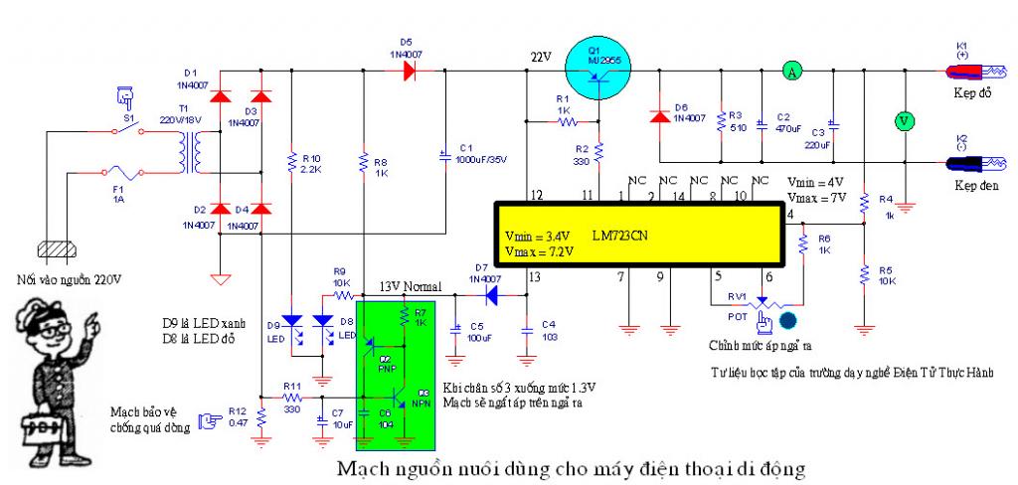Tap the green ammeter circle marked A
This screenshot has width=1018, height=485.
coord(791,71)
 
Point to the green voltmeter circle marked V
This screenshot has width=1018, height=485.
coord(904,120)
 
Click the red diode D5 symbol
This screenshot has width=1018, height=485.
coord(407,71)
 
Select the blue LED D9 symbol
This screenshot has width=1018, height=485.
coord(292,322)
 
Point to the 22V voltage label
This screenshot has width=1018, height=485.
coord(540,57)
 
